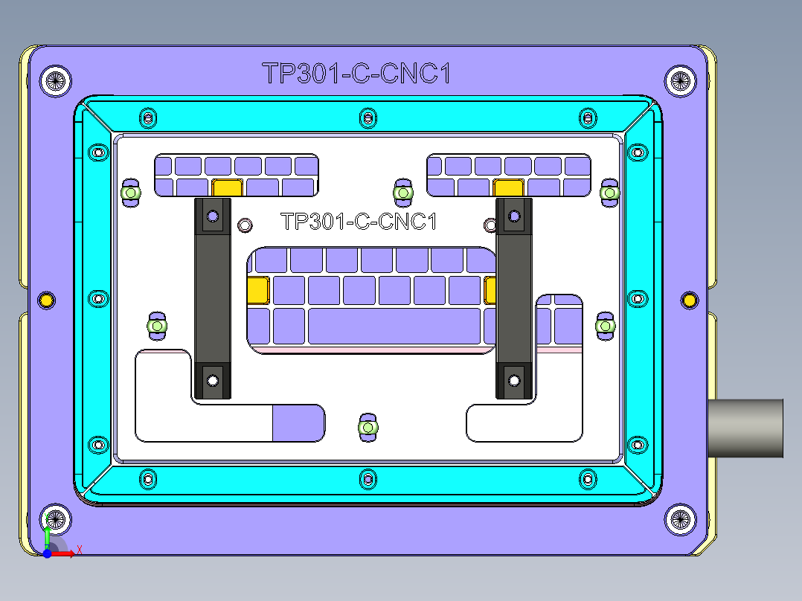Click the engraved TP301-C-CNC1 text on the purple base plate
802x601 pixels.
point(356,74)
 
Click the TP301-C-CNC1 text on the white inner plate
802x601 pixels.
point(358,222)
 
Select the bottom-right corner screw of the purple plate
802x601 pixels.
point(679,519)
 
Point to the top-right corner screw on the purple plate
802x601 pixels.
point(679,80)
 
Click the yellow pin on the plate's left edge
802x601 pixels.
point(46,300)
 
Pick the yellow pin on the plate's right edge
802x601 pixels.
point(690,300)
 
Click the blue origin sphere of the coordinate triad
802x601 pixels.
point(47,553)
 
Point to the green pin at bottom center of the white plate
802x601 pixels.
point(367,427)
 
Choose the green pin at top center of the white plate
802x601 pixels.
point(402,193)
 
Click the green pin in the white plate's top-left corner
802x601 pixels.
point(131,193)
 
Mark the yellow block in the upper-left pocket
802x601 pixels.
point(227,187)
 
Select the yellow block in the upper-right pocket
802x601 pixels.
point(509,187)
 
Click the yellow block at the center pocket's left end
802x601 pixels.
point(257,289)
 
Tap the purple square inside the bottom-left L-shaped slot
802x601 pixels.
point(298,423)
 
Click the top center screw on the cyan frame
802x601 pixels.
point(367,117)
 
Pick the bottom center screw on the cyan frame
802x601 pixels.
point(367,478)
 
